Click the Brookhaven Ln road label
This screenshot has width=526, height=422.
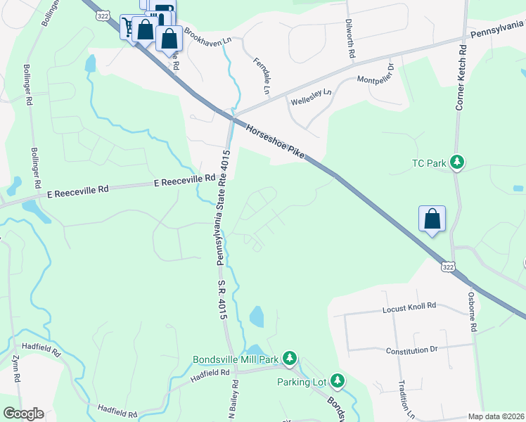tap(207, 37)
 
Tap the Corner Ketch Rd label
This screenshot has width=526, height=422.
tap(461, 77)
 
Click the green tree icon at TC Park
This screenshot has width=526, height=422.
tap(457, 163)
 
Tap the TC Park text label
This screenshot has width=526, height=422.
tap(429, 164)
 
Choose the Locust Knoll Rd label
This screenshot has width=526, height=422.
tap(409, 307)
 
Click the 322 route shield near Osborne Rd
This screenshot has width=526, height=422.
tap(447, 267)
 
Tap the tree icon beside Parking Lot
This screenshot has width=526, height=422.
tap(338, 381)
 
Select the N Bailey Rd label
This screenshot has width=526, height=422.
tap(233, 402)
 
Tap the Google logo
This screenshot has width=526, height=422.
tap(23, 414)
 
